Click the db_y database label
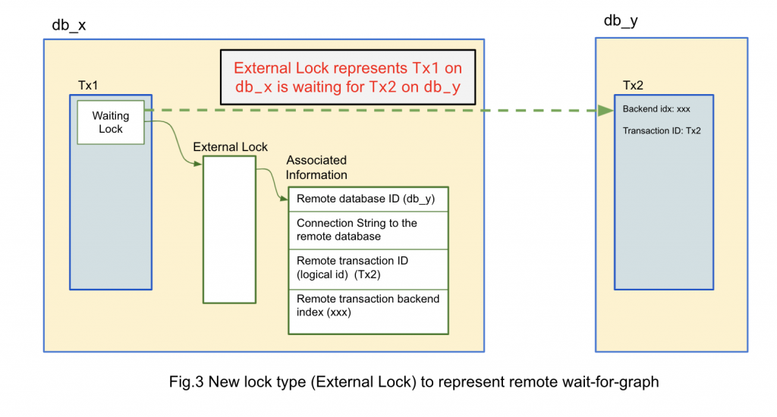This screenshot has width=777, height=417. point(620,20)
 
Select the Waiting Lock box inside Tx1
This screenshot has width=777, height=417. point(111,122)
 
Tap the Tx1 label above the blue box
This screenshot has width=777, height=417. point(88,83)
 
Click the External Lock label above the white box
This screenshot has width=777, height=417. point(230,146)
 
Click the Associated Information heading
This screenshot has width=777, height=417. point(316,168)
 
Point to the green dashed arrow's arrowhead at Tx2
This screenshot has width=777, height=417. point(606,111)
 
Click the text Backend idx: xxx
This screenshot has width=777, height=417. point(656,109)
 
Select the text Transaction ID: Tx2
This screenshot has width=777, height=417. point(662,130)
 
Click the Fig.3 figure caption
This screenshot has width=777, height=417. point(414,382)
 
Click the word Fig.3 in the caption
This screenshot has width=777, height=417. point(186,382)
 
